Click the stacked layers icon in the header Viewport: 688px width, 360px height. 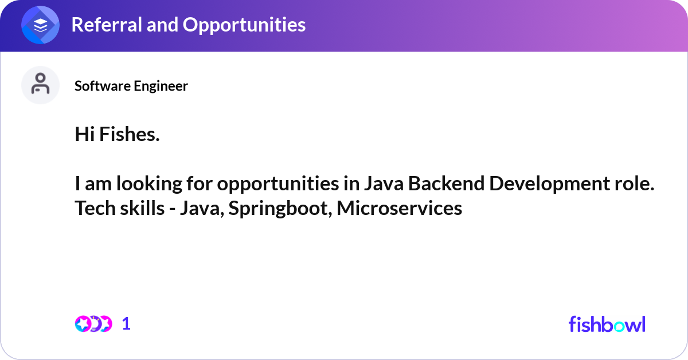tap(40, 25)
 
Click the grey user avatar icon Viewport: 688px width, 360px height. tap(40, 85)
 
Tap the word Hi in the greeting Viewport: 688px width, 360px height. tap(85, 135)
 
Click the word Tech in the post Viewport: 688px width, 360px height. tap(91, 209)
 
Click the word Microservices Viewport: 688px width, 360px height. tap(399, 209)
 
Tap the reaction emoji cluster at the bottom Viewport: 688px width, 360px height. tap(93, 324)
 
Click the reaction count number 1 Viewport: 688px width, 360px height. tap(126, 324)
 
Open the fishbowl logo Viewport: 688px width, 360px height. tap(607, 324)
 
